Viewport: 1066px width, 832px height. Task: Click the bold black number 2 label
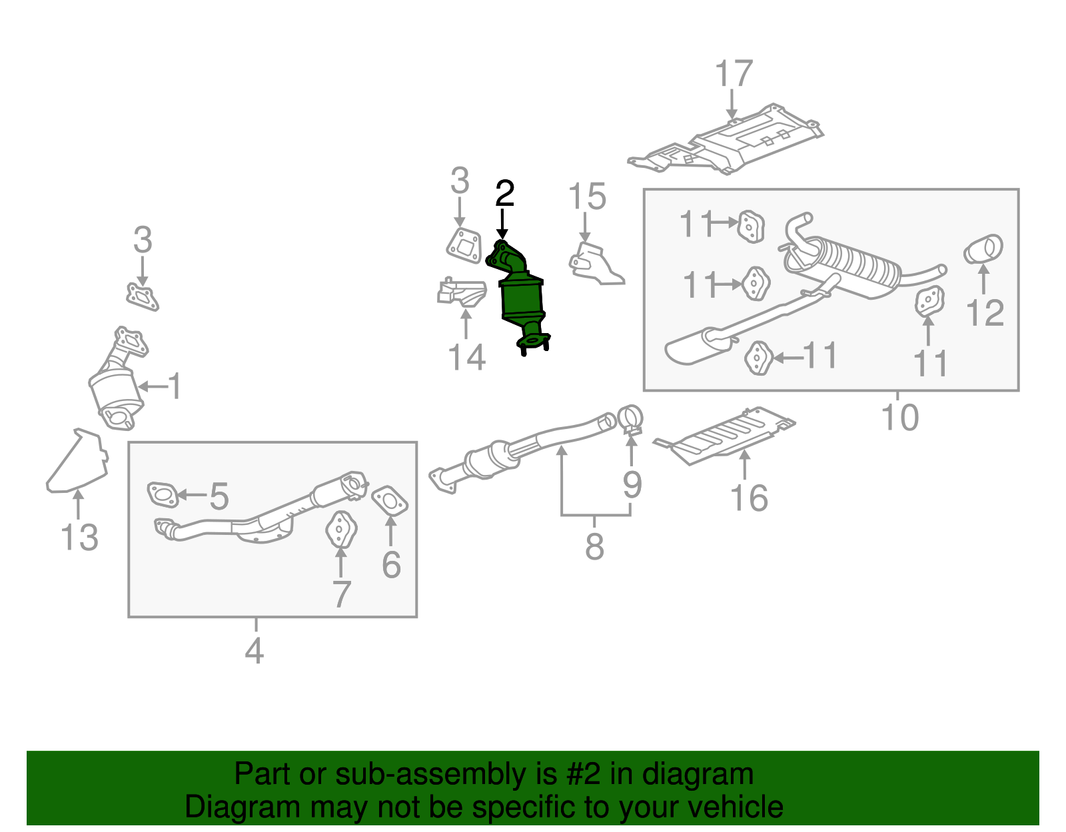[505, 194]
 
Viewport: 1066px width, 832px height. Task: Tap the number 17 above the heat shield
[733, 74]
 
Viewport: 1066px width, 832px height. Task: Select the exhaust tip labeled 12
[983, 250]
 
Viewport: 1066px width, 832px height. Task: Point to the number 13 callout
[79, 537]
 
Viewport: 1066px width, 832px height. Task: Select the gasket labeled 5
[163, 494]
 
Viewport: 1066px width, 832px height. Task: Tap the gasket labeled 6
[389, 501]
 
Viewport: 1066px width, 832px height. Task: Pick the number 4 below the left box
[255, 650]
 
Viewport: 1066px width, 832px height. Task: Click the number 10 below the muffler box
[899, 417]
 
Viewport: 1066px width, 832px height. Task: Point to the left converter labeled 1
[117, 390]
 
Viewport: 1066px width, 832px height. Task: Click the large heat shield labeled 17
[733, 143]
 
